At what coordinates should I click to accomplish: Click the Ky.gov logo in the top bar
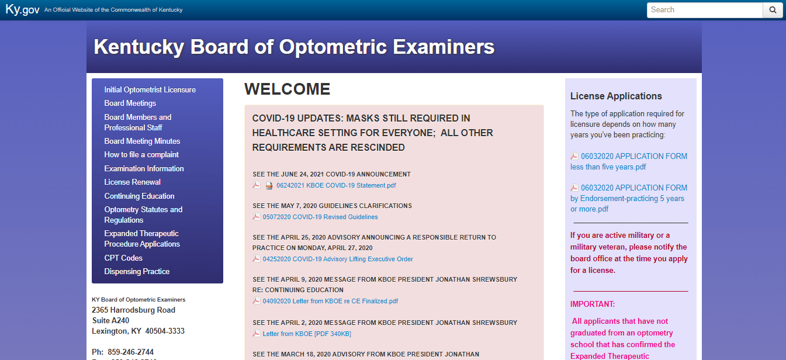[x=22, y=9]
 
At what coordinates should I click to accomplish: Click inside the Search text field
[x=704, y=10]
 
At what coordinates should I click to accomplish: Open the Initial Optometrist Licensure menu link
[x=150, y=89]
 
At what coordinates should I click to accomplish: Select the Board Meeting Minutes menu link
[x=142, y=141]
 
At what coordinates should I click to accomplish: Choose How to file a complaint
[x=141, y=154]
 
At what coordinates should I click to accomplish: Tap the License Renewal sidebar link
[x=132, y=182]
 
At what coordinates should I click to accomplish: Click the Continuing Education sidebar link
[x=139, y=196]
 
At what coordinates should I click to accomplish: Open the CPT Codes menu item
[x=123, y=258]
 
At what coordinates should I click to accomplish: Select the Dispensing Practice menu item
[x=137, y=271]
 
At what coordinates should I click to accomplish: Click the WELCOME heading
[x=287, y=89]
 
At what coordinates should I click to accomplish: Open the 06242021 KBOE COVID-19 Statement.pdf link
[x=336, y=185]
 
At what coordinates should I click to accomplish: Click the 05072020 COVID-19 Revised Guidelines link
[x=320, y=217]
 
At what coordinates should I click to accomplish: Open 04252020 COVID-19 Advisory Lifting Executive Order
[x=338, y=259]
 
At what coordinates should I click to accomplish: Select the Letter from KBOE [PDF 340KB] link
[x=307, y=334]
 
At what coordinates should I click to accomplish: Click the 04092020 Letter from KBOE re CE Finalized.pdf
[x=330, y=301]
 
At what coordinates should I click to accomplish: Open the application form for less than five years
[x=628, y=161]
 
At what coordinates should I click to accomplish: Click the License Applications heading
[x=616, y=96]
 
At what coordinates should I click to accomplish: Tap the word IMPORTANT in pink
[x=593, y=304]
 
